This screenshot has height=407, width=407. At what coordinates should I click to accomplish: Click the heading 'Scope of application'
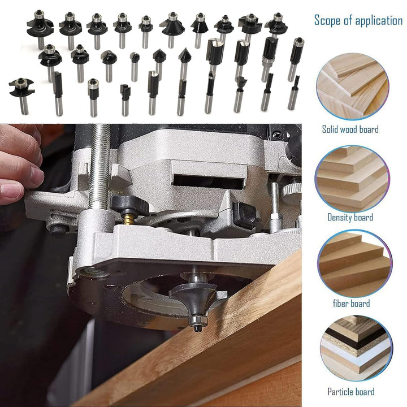358,20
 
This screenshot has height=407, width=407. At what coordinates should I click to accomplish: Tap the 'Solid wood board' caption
350,129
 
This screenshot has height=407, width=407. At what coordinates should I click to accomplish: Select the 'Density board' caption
350,217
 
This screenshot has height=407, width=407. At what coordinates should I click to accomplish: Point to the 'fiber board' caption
352,304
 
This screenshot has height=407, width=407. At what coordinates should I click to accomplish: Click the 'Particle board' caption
350,392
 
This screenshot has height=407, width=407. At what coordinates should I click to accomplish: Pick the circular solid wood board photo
352,86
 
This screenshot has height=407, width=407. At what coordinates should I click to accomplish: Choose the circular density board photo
352,179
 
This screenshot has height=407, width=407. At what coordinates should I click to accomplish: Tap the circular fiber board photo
354,264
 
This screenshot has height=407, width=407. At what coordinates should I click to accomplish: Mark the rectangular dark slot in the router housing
207,182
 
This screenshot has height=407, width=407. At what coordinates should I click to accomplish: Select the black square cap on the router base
245,215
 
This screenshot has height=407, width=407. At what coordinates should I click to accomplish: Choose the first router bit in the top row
40,29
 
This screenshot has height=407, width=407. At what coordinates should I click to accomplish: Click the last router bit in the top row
276,25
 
